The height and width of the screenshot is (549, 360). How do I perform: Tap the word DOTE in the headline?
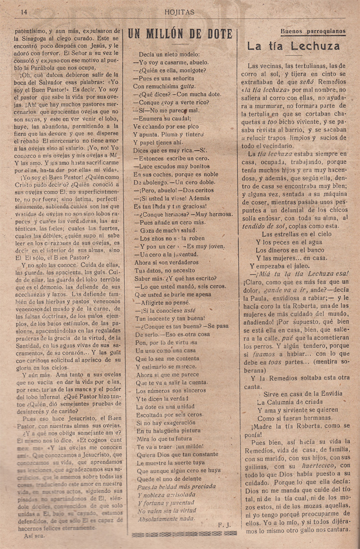[x=215, y=34]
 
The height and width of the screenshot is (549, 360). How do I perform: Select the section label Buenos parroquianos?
[x=312, y=32]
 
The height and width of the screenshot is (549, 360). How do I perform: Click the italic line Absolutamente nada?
[x=167, y=519]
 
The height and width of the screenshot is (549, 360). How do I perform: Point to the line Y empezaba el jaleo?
[x=286, y=266]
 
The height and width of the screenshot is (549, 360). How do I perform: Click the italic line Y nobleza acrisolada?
[x=165, y=494]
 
